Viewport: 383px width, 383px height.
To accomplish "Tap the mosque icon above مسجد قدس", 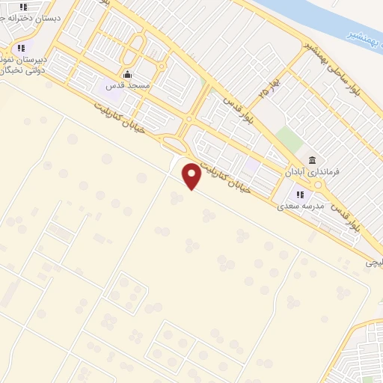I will [127, 74].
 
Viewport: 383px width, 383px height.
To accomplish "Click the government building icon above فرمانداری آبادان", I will [313, 161].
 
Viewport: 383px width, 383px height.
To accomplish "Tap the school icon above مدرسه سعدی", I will [300, 194].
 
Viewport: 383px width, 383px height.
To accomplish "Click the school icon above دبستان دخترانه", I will [24, 7].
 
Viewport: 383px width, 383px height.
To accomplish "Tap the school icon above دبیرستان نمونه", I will [21, 49].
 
